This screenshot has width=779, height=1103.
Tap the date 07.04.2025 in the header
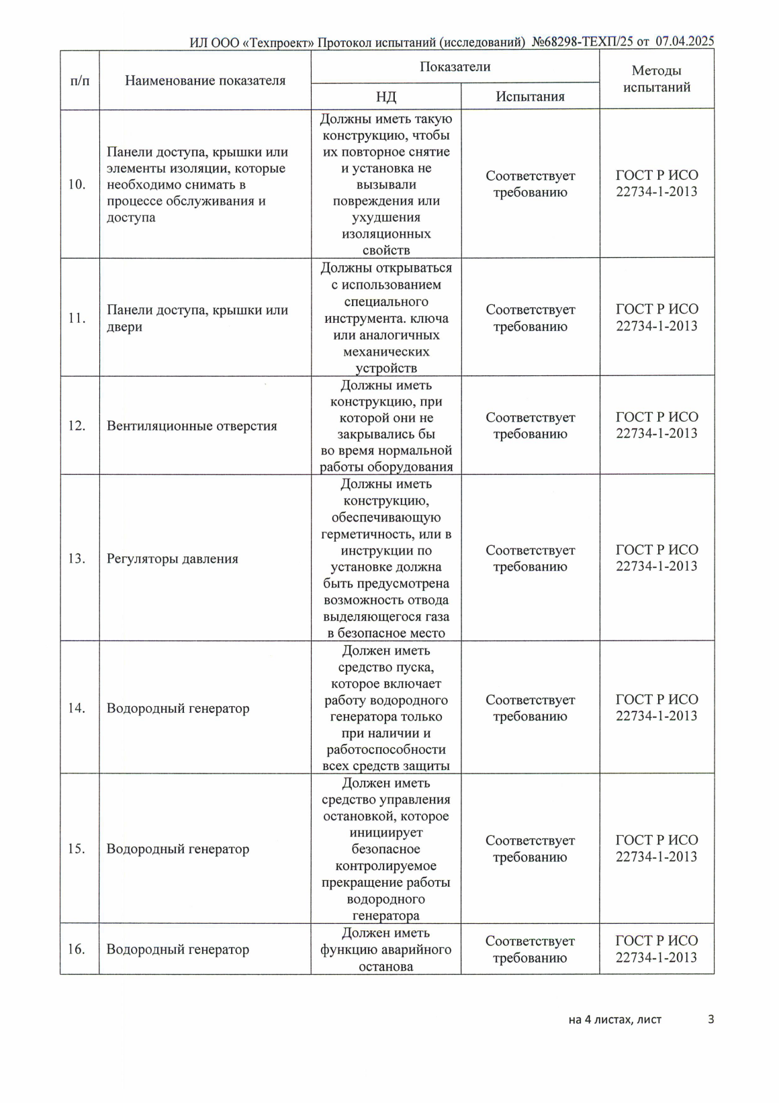684,42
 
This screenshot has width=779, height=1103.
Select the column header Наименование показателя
205,81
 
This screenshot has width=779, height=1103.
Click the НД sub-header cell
385,97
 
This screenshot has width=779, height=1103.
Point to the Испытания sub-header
530,97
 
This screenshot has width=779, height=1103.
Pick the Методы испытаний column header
656,79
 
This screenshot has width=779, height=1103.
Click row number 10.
77,185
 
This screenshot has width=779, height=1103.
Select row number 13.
77,559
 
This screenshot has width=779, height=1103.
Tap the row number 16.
77,949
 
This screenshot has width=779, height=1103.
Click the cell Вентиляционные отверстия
192,426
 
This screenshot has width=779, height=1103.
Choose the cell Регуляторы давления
173,559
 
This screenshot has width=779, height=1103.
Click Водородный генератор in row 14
178,708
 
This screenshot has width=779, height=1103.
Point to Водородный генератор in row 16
178,949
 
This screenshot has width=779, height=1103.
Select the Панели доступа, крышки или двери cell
197,318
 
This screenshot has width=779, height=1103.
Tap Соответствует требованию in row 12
530,426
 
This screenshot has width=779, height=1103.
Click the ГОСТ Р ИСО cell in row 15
656,849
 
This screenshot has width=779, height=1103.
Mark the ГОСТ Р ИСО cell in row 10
656,183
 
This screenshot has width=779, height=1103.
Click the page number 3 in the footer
711,1020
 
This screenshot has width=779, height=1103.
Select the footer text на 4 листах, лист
614,1020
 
